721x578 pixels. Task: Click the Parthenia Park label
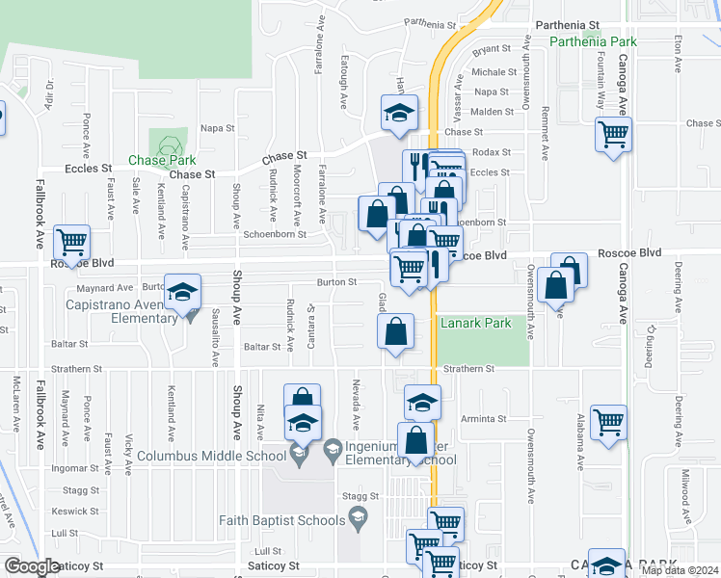pos(593,42)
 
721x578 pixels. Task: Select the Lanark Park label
pos(476,323)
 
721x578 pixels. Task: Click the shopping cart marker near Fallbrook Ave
pos(71,242)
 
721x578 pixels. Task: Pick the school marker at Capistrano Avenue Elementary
pos(182,293)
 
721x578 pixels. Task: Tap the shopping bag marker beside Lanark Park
pos(396,332)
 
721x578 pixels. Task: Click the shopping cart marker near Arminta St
pos(608,421)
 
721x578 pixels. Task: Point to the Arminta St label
pos(484,419)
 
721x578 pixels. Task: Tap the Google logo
pos(32,566)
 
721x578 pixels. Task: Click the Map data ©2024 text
pos(680,570)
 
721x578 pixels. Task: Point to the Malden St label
pos(492,112)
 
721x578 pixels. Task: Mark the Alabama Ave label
pos(580,447)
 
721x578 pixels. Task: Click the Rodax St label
pos(492,152)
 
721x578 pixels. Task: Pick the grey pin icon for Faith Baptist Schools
pos(360,520)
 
